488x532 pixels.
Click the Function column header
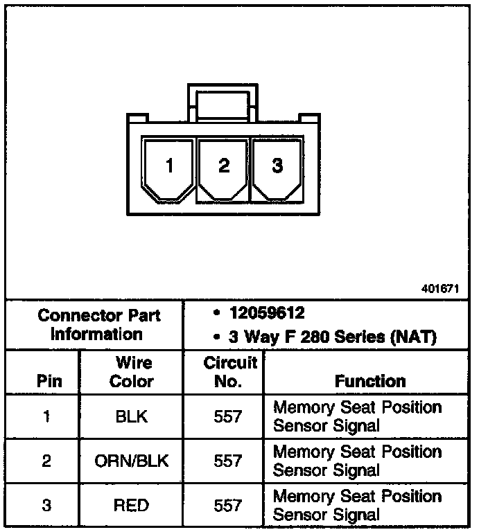(369, 381)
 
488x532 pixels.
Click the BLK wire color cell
(132, 416)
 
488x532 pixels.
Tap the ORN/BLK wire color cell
(132, 461)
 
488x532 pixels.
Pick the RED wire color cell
(132, 505)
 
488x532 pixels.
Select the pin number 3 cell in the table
(46, 505)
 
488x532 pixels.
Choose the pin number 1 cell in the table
(46, 416)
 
